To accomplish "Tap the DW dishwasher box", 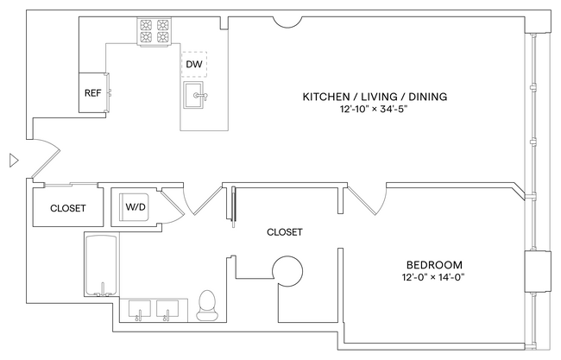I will tap(193, 64).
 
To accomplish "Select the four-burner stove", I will tap(156, 33).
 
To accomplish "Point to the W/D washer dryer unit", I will tap(136, 207).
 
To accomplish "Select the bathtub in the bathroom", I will tap(102, 263).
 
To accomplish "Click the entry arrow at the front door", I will tap(12, 160).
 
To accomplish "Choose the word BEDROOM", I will tap(434, 264).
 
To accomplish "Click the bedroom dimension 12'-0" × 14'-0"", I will tap(434, 278).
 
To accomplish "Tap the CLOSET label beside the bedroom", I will tap(284, 231).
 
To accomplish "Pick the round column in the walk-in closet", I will tap(287, 271).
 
